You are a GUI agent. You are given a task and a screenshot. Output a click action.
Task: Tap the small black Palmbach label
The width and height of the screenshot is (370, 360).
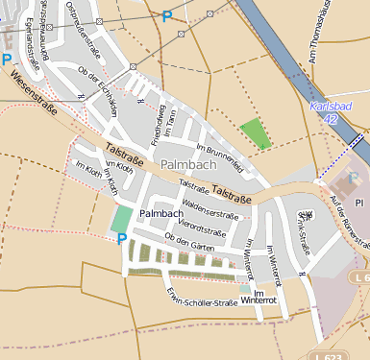point(160,213)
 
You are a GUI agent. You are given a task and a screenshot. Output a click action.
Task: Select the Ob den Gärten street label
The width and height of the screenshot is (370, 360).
point(189,241)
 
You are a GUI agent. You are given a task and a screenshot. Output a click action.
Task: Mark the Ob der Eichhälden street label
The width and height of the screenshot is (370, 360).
point(98,92)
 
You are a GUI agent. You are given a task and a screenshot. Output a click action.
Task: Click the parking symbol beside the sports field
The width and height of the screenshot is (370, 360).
point(122,238)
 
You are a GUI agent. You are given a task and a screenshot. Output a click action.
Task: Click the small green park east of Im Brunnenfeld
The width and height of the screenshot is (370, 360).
point(255,133)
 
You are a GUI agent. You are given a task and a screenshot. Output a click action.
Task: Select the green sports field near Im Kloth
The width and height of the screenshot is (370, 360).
point(121,218)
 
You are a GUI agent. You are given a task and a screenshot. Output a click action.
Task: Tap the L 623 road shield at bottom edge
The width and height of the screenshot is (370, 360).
point(328,354)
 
